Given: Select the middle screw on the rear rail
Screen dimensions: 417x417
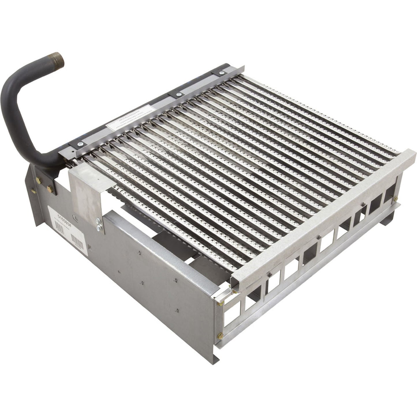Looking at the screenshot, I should [x=177, y=94].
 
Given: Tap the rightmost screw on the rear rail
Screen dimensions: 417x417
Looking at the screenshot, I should [x=222, y=73].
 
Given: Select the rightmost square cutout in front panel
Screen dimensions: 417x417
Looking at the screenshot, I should [x=390, y=192].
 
